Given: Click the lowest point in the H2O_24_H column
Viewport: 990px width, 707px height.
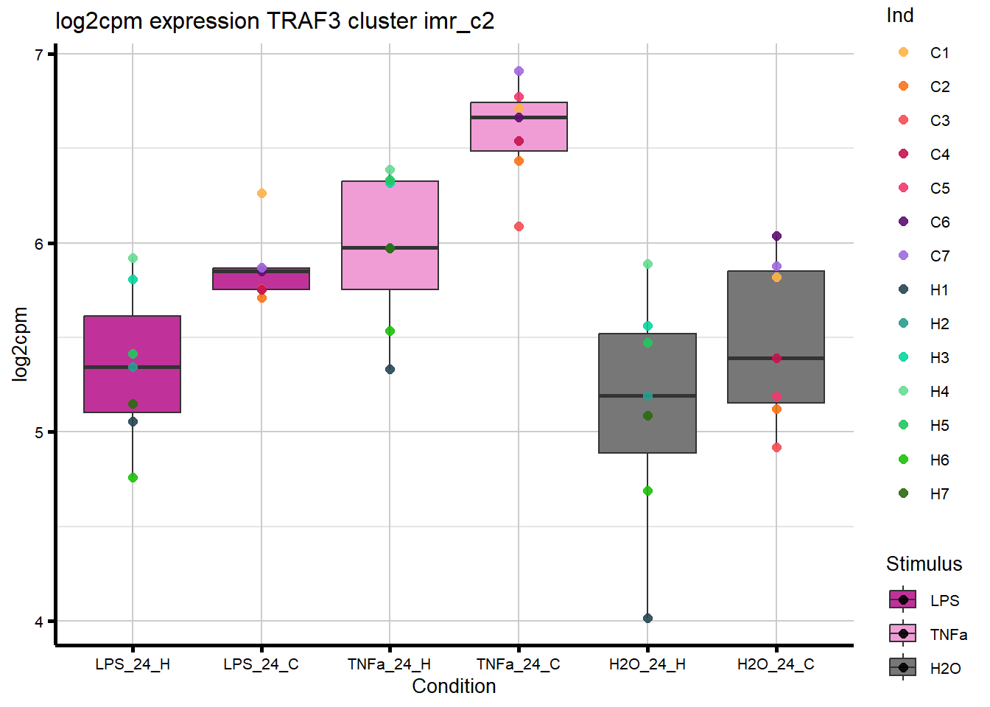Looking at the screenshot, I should coord(647,618).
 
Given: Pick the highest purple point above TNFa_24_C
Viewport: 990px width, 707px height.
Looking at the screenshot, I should coord(519,71).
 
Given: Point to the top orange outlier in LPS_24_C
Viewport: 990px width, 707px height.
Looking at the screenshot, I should coord(261,193).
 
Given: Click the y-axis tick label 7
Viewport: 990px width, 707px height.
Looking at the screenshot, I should coord(40,54).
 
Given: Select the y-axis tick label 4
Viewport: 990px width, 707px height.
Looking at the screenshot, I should coord(40,622).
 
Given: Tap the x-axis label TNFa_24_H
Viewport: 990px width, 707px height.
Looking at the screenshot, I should coord(389,664).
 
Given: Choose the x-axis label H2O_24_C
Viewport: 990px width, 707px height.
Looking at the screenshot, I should coord(776,664).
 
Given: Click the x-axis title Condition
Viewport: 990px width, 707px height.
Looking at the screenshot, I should coord(454,686).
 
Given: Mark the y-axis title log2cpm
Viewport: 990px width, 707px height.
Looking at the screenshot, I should coord(21,344).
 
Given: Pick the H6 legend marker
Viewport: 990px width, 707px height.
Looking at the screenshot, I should coord(903,460).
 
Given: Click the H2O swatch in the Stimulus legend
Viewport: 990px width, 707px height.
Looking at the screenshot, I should coord(903,668).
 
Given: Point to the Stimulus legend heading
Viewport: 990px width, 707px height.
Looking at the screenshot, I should coord(924,564).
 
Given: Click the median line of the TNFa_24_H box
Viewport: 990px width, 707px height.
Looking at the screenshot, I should coord(390,247).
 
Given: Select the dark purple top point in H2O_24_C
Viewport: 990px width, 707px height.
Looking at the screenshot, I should coord(776,236).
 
